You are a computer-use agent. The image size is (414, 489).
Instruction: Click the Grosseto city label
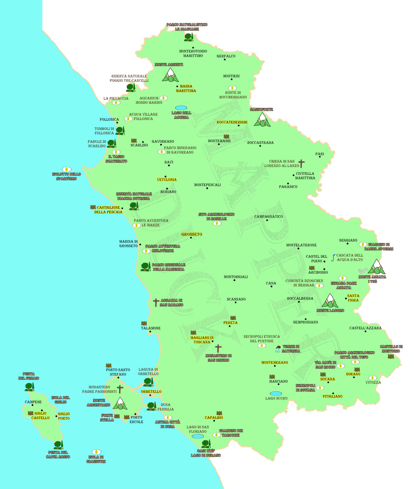[192, 234]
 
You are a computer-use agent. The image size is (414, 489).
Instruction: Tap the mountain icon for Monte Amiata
[376, 267]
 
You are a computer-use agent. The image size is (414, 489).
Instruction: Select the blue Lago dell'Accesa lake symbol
[181, 108]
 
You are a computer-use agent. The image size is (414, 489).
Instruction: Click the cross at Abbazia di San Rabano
[156, 302]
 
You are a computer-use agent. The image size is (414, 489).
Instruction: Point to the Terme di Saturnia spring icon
[278, 349]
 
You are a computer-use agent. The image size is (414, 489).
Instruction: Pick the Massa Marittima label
[186, 88]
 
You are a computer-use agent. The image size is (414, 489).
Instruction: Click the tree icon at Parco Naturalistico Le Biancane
[188, 37]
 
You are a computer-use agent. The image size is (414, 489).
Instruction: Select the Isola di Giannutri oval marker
[96, 452]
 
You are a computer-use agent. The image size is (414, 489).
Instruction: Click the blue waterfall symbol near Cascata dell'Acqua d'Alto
[333, 258]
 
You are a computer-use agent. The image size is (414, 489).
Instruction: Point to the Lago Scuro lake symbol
[276, 394]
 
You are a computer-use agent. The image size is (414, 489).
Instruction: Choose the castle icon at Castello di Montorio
[391, 356]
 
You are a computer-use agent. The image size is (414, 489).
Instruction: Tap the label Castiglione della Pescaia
[108, 210]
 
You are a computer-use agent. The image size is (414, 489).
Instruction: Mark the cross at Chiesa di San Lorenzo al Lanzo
[301, 163]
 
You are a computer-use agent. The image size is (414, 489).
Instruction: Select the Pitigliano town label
[332, 396]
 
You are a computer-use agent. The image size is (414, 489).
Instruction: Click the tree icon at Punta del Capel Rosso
[58, 445]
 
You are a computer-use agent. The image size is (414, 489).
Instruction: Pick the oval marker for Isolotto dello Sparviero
[67, 169]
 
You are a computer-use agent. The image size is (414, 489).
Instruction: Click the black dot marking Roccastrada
[260, 146]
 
